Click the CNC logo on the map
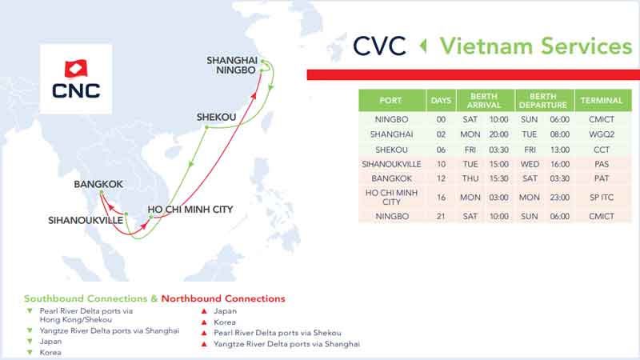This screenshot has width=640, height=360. pos(76,79)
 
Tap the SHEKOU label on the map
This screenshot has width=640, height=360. pos(216,117)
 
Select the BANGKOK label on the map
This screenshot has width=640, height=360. pos(98,184)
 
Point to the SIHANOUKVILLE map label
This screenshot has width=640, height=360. pos(86,221)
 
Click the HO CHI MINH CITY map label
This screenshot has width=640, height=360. pos(190,210)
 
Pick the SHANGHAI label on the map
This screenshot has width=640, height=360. pos(232,61)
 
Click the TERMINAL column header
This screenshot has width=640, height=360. pos(602,101)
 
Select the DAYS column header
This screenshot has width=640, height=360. pos(441,101)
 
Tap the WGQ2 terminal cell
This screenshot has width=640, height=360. pos(602,134)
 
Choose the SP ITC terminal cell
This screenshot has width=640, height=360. pos(602,197)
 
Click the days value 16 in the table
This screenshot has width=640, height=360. pos(441,197)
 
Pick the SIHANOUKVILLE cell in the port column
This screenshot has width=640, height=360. pos(391,164)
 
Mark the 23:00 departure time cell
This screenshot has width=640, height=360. pos(559,197)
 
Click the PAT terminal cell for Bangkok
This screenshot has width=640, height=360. pos(602,178)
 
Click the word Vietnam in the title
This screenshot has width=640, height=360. pos(486,46)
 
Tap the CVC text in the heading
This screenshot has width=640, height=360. pos(379,46)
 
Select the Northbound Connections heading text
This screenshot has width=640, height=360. pos(223,298)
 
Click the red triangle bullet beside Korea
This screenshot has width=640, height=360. pos(204,322)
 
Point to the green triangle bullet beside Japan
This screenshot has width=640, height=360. pos(30,342)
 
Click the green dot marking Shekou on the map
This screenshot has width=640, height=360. pos(206,127)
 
